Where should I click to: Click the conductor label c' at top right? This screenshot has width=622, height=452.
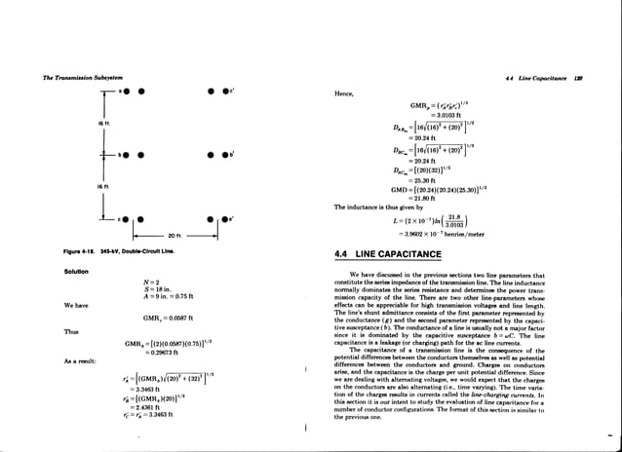point(226,92)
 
